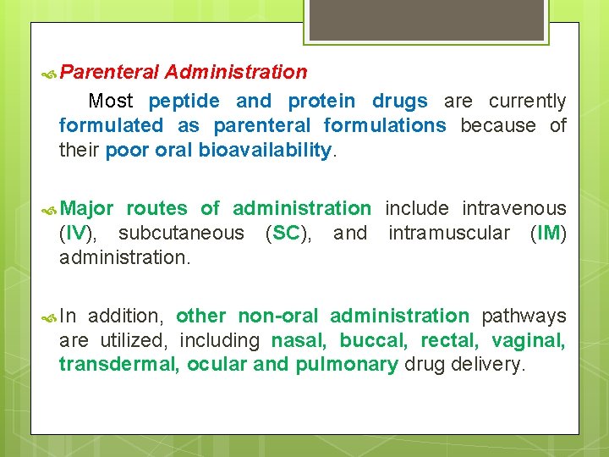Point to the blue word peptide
coord(184,102)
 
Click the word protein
coord(321,102)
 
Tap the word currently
coord(527,102)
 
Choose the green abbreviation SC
coord(287,233)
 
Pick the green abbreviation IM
coord(548,233)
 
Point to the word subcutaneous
coord(181,233)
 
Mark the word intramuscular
coord(449,233)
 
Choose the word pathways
coord(524,316)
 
